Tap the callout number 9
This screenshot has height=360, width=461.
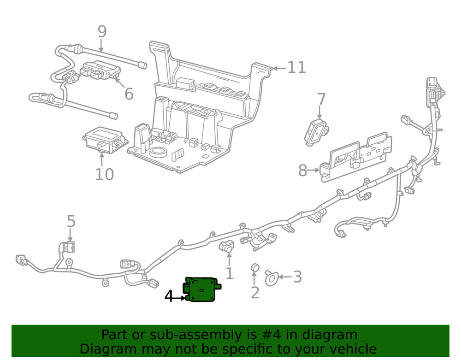point(102,32)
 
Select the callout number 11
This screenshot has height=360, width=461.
point(296,68)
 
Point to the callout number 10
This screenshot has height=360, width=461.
point(104,175)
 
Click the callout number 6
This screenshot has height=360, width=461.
point(129,94)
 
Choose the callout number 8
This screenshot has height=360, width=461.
point(302,171)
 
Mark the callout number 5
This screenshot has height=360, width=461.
point(71,222)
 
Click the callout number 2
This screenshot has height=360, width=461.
point(255,292)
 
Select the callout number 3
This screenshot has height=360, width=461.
point(297,277)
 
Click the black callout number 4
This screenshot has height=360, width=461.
point(169,297)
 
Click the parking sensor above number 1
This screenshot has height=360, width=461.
point(226,247)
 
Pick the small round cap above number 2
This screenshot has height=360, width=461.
point(254,268)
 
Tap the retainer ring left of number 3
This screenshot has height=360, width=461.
point(271,277)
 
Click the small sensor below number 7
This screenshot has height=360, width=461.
point(316,132)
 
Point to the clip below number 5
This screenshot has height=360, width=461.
point(70,248)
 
